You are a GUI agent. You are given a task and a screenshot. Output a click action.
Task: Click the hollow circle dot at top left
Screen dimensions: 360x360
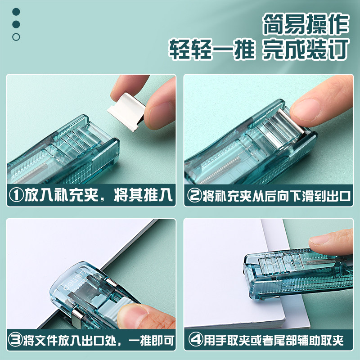click(16, 37)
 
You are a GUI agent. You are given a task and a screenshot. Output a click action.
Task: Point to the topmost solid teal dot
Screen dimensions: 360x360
click(16, 12)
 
